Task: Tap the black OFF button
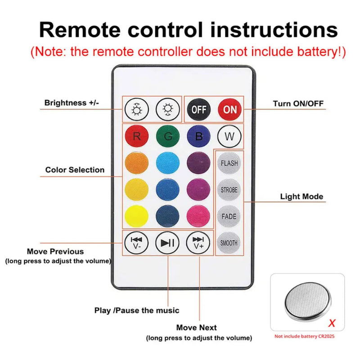coord(198,109)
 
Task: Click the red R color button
coord(136,136)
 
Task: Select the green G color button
coord(168,136)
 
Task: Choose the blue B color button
coord(198,136)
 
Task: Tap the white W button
coord(229,136)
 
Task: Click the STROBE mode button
coord(229,190)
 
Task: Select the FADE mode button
coord(229,216)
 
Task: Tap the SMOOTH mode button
coord(229,243)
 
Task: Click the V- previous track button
coord(136,243)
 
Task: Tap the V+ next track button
coord(198,243)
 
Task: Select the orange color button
coord(136,163)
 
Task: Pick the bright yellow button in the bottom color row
coord(136,216)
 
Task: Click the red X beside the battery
coord(332,323)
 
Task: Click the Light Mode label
coord(301,197)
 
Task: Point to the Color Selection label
coord(75,170)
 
